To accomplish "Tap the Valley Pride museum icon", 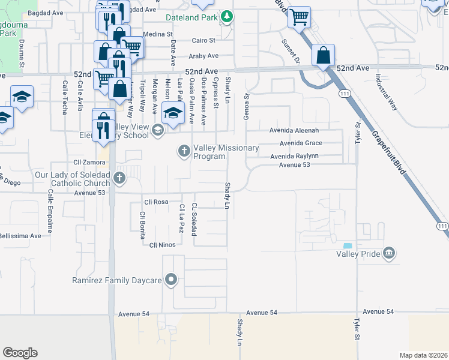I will point(390,254).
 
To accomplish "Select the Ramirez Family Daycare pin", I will point(172,280).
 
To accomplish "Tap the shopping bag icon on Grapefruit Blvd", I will point(323,56).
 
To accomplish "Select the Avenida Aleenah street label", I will point(298,130).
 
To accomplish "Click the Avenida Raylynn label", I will point(298,157).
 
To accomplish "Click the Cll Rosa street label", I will point(155,202).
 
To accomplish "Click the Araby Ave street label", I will point(205,56).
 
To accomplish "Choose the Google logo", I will point(20,353).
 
